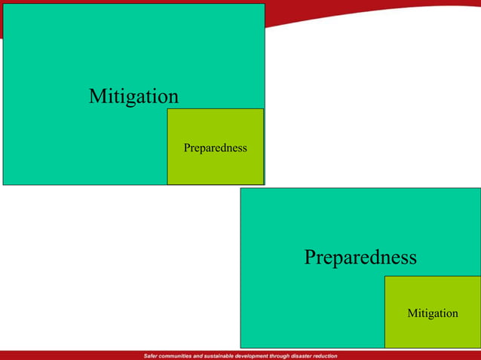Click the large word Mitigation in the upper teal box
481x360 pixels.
[x=133, y=96]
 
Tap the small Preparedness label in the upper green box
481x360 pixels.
[x=215, y=148]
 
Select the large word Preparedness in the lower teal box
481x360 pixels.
[x=360, y=258]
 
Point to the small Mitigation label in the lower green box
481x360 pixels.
[x=432, y=313]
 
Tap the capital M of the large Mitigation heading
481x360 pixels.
[x=96, y=96]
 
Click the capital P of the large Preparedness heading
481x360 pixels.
[x=310, y=258]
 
